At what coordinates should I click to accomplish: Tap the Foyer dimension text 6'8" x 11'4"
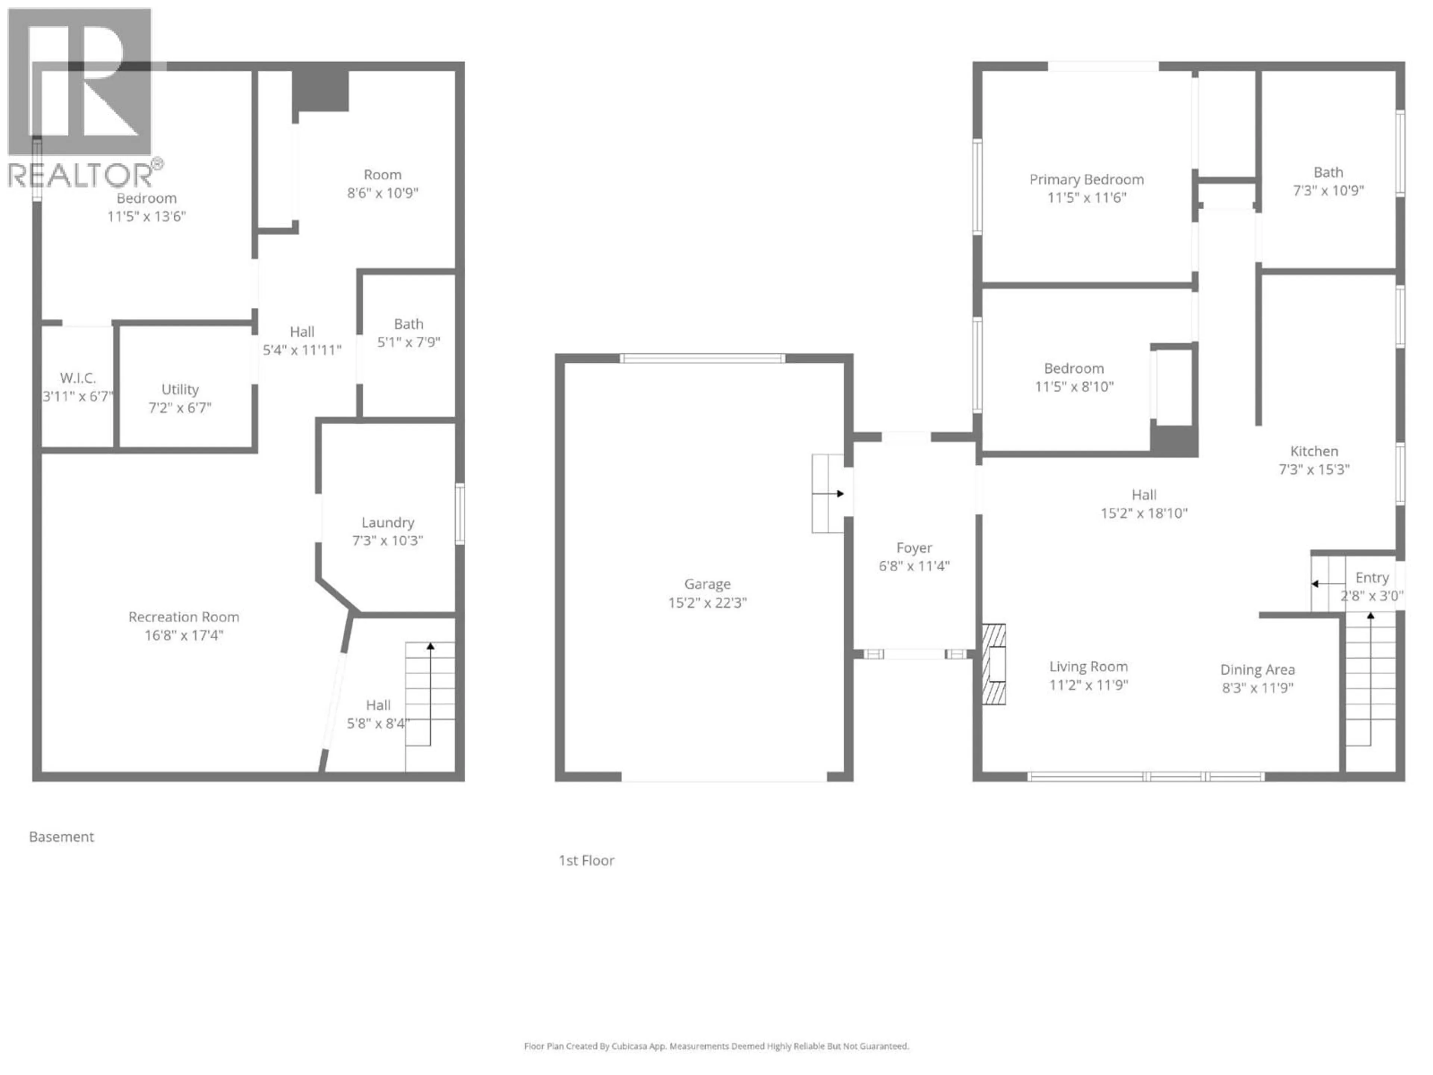[914, 566]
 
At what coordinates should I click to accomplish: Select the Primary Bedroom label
[1086, 180]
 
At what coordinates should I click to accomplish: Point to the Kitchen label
[1314, 451]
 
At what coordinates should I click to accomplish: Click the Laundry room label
[387, 522]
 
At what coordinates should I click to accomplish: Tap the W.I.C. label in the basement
[78, 378]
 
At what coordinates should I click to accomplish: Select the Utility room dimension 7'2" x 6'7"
[180, 408]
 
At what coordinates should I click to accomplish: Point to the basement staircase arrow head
[430, 646]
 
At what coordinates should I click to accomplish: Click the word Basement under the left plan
[62, 836]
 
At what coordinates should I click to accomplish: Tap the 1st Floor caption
[586, 860]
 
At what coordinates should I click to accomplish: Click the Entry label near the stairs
[1371, 577]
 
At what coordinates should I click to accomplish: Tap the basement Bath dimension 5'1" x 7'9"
[409, 342]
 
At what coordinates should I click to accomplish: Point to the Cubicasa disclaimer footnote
[716, 1046]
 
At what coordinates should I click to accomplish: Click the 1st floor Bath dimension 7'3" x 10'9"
[1328, 190]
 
